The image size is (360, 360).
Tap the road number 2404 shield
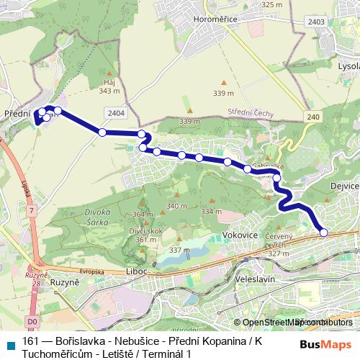click(114, 112)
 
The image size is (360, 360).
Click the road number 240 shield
click(311, 117)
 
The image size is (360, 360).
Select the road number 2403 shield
click(315, 23)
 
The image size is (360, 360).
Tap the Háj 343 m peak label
click(109, 87)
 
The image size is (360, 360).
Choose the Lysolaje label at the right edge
click(348, 64)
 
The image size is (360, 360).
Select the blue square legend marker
click(9, 343)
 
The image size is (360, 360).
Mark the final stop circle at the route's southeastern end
click(323, 233)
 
